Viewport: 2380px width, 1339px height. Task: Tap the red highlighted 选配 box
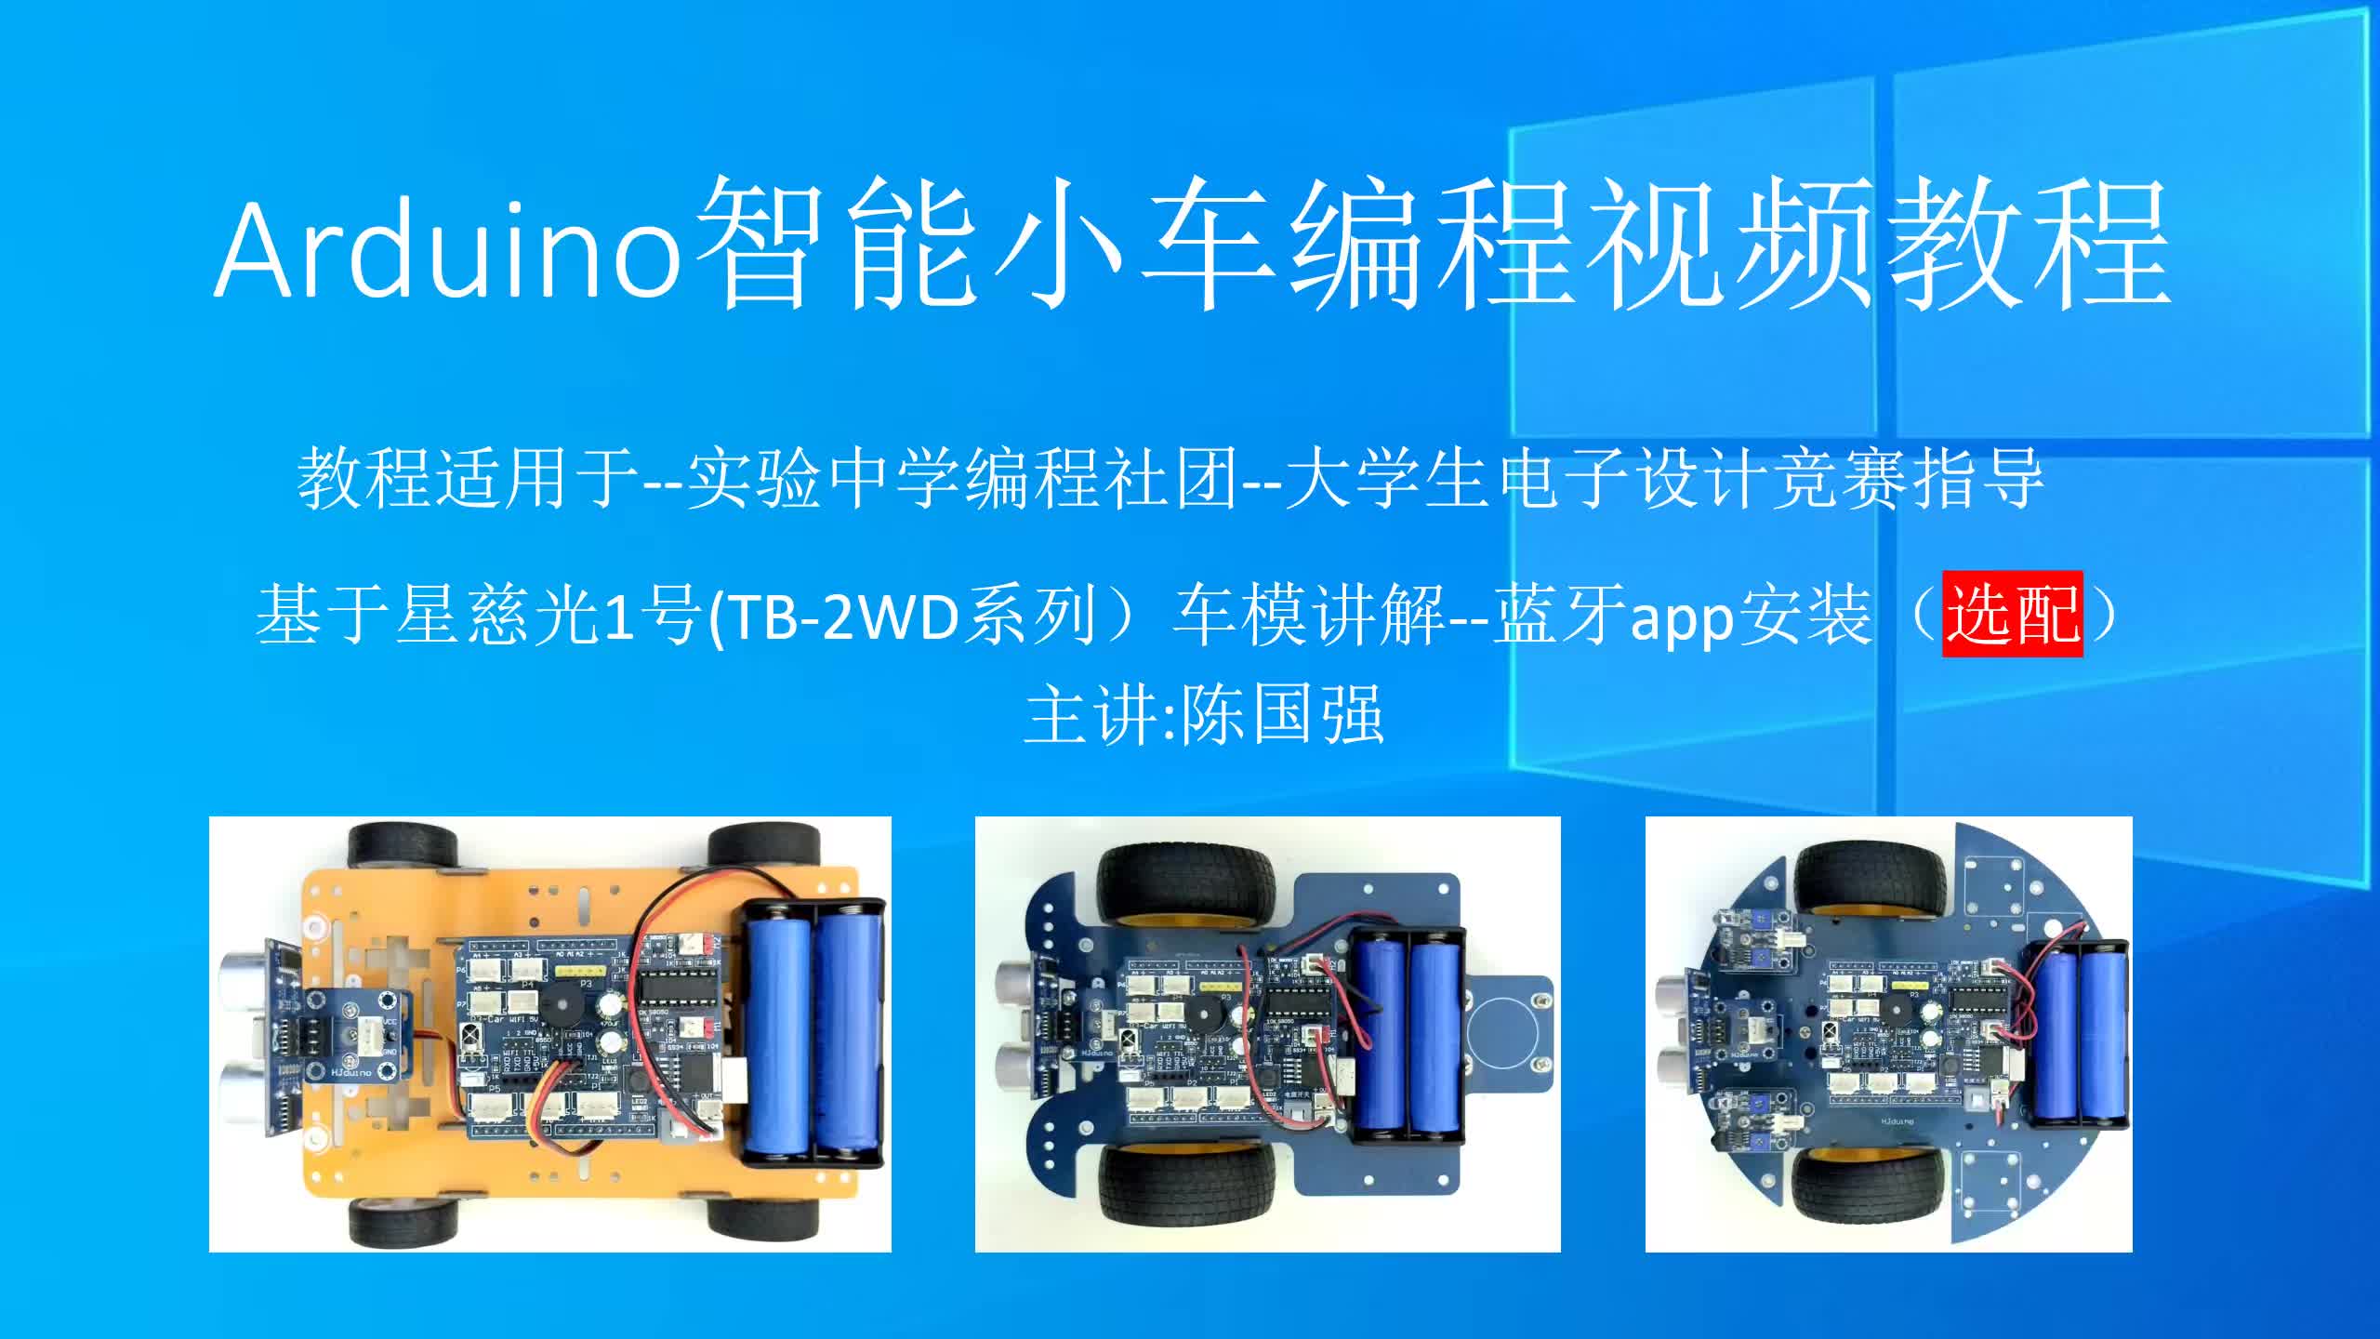pos(2013,614)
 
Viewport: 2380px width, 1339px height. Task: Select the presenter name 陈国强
pos(1283,715)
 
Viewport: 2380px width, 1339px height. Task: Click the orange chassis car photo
pos(549,1034)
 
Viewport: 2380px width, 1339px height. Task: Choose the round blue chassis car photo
pos(1888,1034)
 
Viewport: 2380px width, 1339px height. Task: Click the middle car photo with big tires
pos(1267,1034)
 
